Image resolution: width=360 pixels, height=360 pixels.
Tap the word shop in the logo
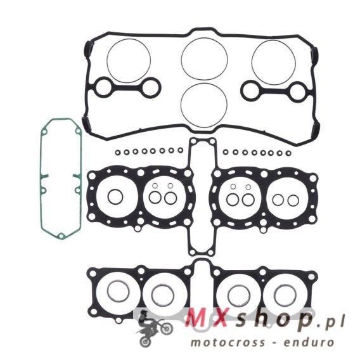[272, 319]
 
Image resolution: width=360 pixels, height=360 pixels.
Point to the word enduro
[308, 342]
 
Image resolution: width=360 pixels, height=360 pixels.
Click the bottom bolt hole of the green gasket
[61, 236]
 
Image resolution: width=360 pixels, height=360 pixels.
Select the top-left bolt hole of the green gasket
[45, 132]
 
